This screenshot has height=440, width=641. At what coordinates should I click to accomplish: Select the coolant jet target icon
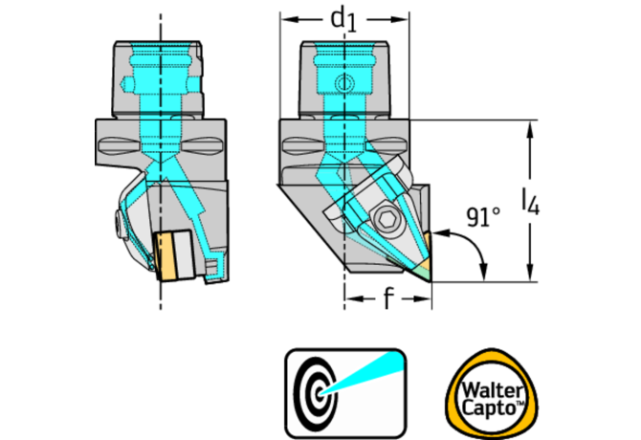click(345, 388)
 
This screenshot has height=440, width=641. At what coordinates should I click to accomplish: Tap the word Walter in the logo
click(486, 382)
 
